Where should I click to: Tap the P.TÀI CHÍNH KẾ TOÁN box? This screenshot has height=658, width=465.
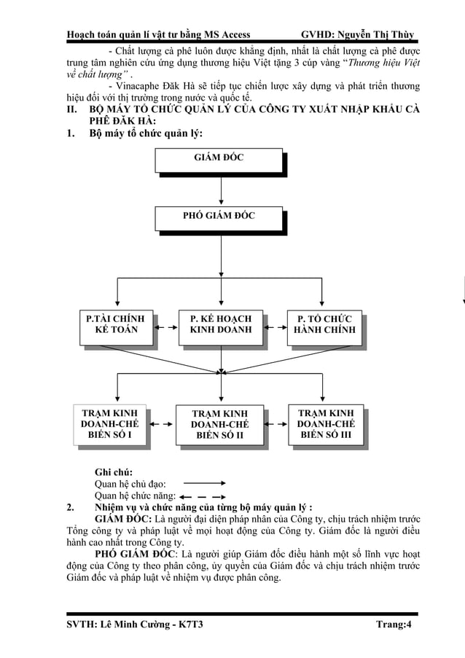pos(115,325)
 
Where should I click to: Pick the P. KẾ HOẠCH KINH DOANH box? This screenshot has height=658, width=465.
pos(221,325)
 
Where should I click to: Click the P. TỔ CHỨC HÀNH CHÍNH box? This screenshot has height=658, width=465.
pos(324,325)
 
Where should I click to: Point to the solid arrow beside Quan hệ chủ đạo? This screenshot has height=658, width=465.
pos(203,482)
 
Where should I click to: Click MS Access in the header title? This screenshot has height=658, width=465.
pos(224,34)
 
